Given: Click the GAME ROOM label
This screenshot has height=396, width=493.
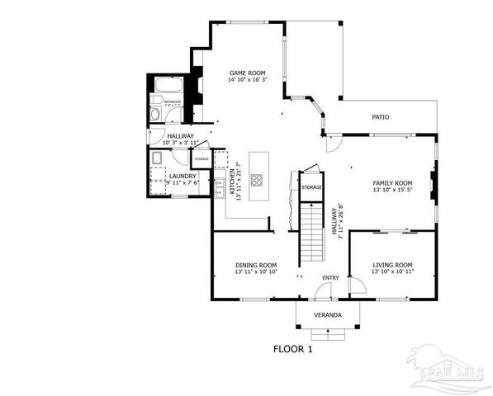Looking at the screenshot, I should click(x=248, y=73).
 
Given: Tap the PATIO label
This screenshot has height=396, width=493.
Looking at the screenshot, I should click(x=381, y=117).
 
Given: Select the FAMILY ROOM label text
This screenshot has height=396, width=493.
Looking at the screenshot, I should click(x=392, y=182).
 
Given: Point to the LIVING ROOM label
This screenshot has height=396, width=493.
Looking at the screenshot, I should click(x=392, y=264).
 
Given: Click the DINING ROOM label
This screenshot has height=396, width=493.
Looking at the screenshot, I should click(x=255, y=264).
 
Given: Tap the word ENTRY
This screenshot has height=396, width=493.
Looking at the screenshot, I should click(x=330, y=277).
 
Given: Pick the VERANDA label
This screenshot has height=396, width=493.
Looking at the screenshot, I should click(x=328, y=316).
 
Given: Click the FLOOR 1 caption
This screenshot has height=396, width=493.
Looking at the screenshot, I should click(x=293, y=349).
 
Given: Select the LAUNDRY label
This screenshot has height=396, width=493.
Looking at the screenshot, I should click(x=183, y=175).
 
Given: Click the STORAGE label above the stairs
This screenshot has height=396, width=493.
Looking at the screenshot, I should click(x=311, y=187).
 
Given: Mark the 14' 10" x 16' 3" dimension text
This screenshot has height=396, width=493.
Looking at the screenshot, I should click(x=248, y=81).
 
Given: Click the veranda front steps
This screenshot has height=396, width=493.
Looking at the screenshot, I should click(x=328, y=333).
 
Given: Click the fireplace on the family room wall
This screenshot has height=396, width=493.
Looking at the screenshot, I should click(x=431, y=182).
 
